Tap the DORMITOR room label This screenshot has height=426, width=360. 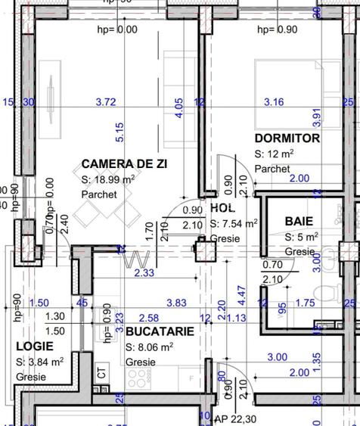point(287,138)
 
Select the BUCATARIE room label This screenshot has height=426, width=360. point(160,331)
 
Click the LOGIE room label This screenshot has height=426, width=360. point(34,346)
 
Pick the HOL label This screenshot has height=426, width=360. point(223,207)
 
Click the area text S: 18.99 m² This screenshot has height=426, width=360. point(108,179)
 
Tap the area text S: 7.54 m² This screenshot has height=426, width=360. point(234,223)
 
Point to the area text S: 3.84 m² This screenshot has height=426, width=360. point(39,362)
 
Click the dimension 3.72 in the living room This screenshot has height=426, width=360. point(107,101)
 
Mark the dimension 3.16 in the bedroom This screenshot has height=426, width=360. point(273,101)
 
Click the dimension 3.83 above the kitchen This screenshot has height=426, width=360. point(176,303)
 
